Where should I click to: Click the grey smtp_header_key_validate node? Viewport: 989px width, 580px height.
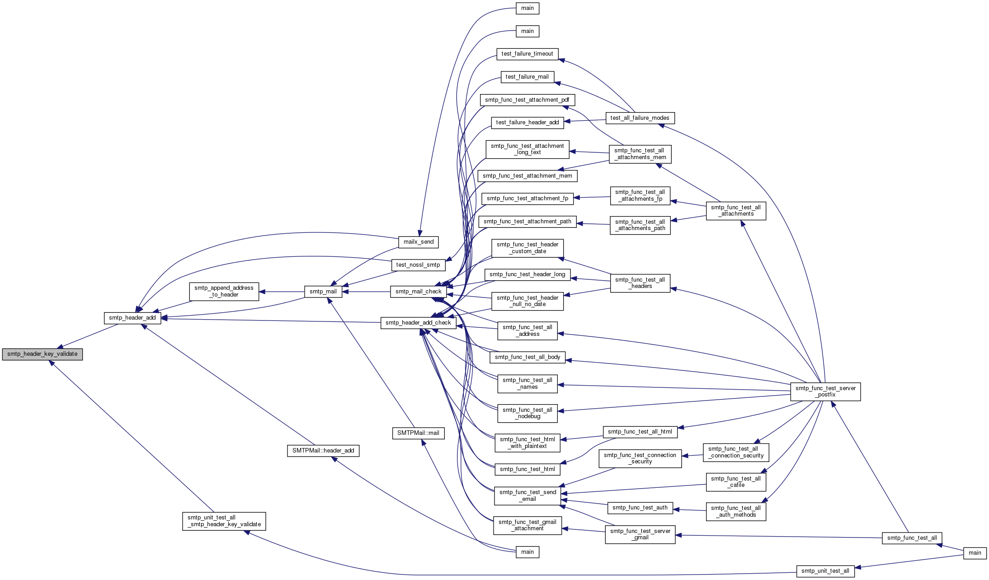click(42, 354)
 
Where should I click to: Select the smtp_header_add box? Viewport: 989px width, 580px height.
click(132, 318)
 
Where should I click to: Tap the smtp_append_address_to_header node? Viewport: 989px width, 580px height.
click(224, 291)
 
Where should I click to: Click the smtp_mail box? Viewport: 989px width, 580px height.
click(323, 292)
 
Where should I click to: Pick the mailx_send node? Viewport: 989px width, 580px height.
click(419, 242)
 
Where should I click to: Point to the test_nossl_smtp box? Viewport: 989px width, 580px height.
click(418, 265)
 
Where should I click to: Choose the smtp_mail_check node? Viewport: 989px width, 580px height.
click(419, 292)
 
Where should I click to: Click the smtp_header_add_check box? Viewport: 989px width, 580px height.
click(419, 323)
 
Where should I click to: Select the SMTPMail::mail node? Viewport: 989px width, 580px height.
click(419, 433)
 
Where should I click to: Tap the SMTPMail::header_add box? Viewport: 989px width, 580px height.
click(323, 451)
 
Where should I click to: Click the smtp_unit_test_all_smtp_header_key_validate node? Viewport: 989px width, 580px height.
click(224, 521)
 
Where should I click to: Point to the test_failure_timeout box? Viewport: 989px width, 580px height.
click(527, 54)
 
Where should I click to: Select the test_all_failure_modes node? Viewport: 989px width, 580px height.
click(640, 118)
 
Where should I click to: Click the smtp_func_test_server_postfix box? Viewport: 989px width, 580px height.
click(825, 391)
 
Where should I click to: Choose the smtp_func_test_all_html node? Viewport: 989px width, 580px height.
click(640, 432)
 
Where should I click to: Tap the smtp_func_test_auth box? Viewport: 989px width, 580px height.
click(640, 508)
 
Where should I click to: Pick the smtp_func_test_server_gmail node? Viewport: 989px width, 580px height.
click(640, 534)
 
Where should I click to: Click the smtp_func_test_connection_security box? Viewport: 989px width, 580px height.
click(640, 458)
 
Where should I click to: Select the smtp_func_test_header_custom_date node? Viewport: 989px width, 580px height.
click(527, 248)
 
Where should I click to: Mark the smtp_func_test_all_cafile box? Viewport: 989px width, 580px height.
click(736, 482)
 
